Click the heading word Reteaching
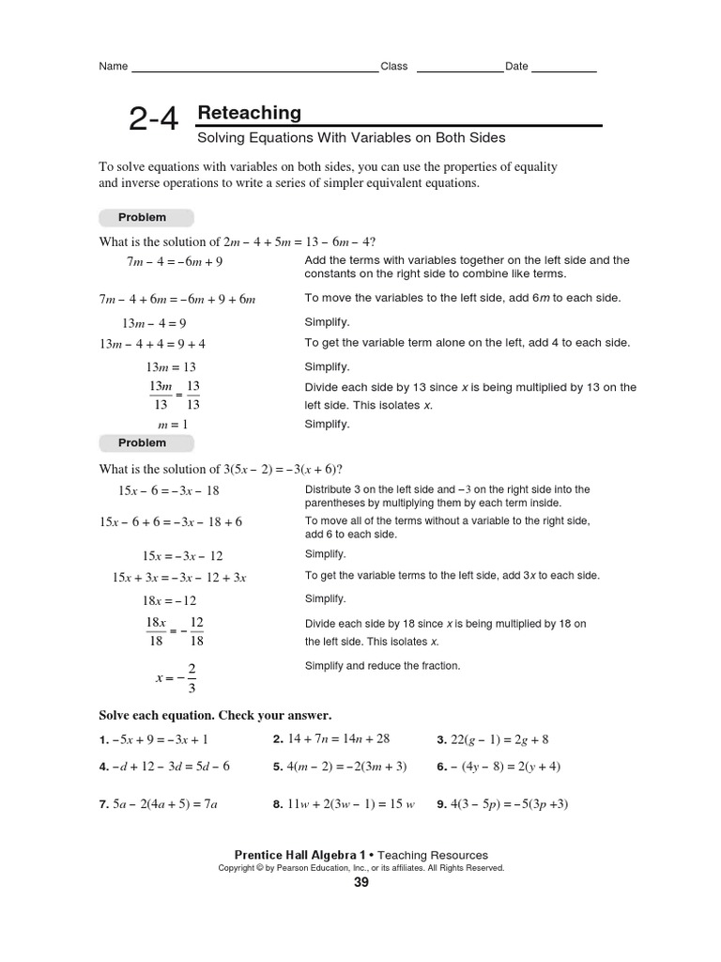click(249, 113)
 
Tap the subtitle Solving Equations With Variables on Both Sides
click(351, 138)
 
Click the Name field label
click(113, 67)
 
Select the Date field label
click(516, 67)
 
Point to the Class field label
click(394, 67)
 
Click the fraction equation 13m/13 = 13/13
click(174, 396)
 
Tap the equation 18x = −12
click(169, 600)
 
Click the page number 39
click(361, 883)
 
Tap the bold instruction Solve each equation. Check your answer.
click(215, 714)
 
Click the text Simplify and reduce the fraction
click(382, 666)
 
